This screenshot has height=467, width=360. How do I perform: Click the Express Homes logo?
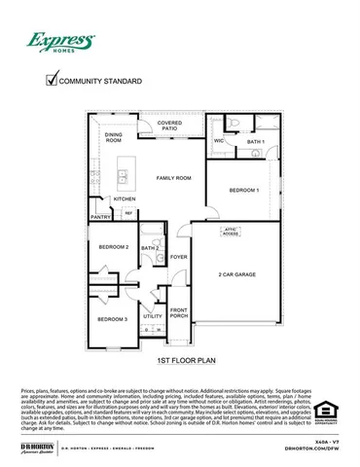tap(59, 42)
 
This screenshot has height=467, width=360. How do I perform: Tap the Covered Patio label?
tap(169, 126)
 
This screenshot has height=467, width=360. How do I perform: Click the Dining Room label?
tap(114, 137)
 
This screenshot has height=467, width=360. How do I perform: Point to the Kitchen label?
tap(125, 198)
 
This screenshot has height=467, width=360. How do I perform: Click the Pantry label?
tap(100, 217)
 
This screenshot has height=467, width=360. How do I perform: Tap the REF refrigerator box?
tap(127, 212)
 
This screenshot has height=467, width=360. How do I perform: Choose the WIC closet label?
tap(219, 141)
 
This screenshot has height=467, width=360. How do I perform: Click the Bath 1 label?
tap(255, 142)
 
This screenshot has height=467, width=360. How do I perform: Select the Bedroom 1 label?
tap(244, 191)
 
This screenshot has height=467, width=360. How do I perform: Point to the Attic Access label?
tap(231, 233)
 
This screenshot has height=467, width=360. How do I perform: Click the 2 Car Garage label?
tap(236, 275)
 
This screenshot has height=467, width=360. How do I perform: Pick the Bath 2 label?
tap(150, 248)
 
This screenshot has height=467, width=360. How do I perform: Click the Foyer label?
tap(178, 257)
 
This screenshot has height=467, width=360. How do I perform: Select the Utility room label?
tap(153, 316)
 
